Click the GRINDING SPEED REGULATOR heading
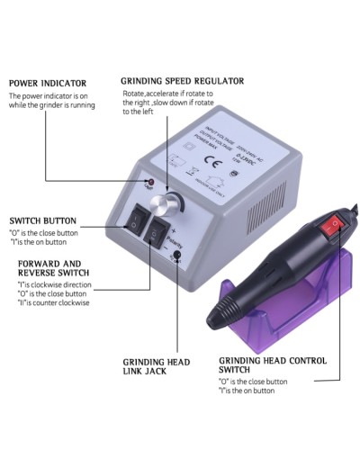(x=183, y=81)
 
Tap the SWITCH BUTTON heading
(x=42, y=220)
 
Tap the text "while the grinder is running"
(x=52, y=105)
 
